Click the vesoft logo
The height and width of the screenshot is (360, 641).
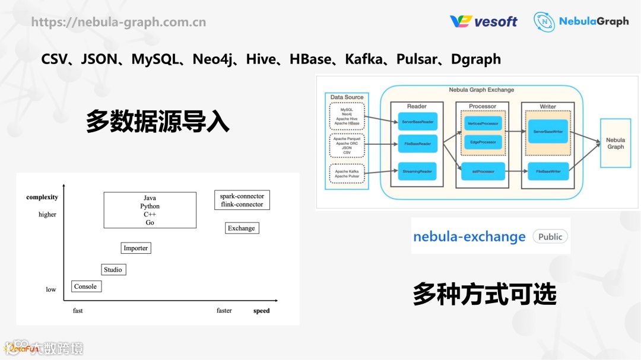point(483,21)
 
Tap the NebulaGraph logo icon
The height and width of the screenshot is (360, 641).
point(544,22)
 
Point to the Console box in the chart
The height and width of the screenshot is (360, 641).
point(85,286)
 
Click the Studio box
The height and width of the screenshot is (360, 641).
point(113,270)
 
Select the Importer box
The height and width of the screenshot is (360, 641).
point(136,248)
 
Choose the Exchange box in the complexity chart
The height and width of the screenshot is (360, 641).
point(242,228)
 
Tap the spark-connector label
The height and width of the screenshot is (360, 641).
point(242,196)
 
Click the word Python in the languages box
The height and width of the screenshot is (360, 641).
point(150,206)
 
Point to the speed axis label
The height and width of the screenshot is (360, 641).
point(261,311)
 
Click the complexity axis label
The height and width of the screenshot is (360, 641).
point(42,197)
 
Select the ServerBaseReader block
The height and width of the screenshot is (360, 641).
point(417,122)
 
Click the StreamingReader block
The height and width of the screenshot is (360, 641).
point(417,171)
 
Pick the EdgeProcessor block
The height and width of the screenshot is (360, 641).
point(483,142)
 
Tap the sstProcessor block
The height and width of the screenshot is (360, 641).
point(483,171)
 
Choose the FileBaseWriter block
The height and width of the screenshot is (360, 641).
point(548,171)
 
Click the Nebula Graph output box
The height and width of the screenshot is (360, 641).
point(615,144)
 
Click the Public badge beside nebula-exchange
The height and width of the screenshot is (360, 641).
point(550,237)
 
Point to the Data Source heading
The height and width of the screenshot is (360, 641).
point(347,97)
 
